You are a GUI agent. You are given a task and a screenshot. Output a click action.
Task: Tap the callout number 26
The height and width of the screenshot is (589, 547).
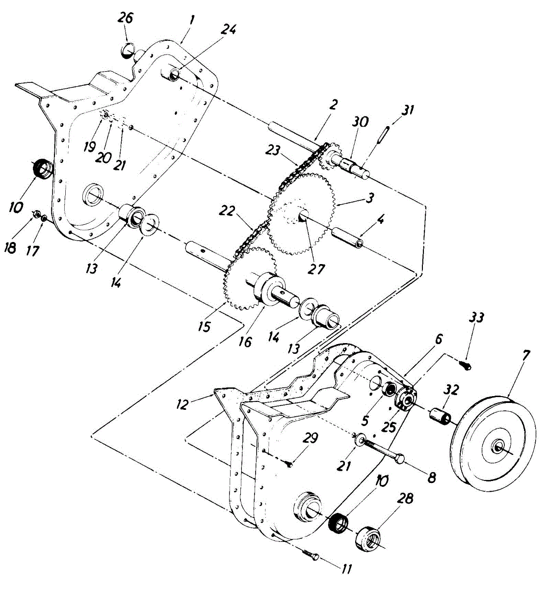pyautogui.click(x=126, y=20)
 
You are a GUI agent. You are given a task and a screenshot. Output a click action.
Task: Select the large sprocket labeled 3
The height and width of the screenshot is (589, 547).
pyautogui.click(x=301, y=214)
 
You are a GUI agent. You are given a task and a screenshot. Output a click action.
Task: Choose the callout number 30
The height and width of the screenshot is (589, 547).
pyautogui.click(x=361, y=122)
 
